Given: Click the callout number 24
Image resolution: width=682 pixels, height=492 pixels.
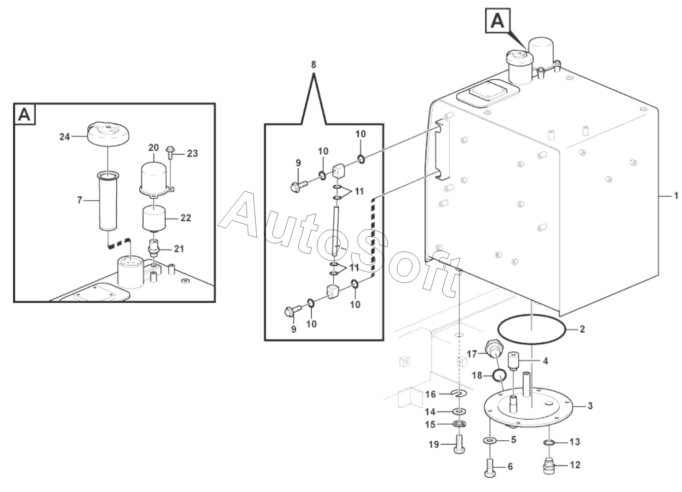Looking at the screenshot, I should point(65,137).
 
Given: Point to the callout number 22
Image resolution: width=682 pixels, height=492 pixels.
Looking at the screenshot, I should point(185,218).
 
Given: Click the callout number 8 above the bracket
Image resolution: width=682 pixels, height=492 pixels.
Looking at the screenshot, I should point(313,65).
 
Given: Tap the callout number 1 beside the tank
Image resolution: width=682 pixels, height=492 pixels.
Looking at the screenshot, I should point(676,196).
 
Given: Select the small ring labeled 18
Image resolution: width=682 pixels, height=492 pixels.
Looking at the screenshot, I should point(500,377).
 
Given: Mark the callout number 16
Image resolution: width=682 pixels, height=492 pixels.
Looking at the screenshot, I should point(431,394).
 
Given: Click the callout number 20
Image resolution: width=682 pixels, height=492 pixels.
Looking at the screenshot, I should point(153,147).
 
